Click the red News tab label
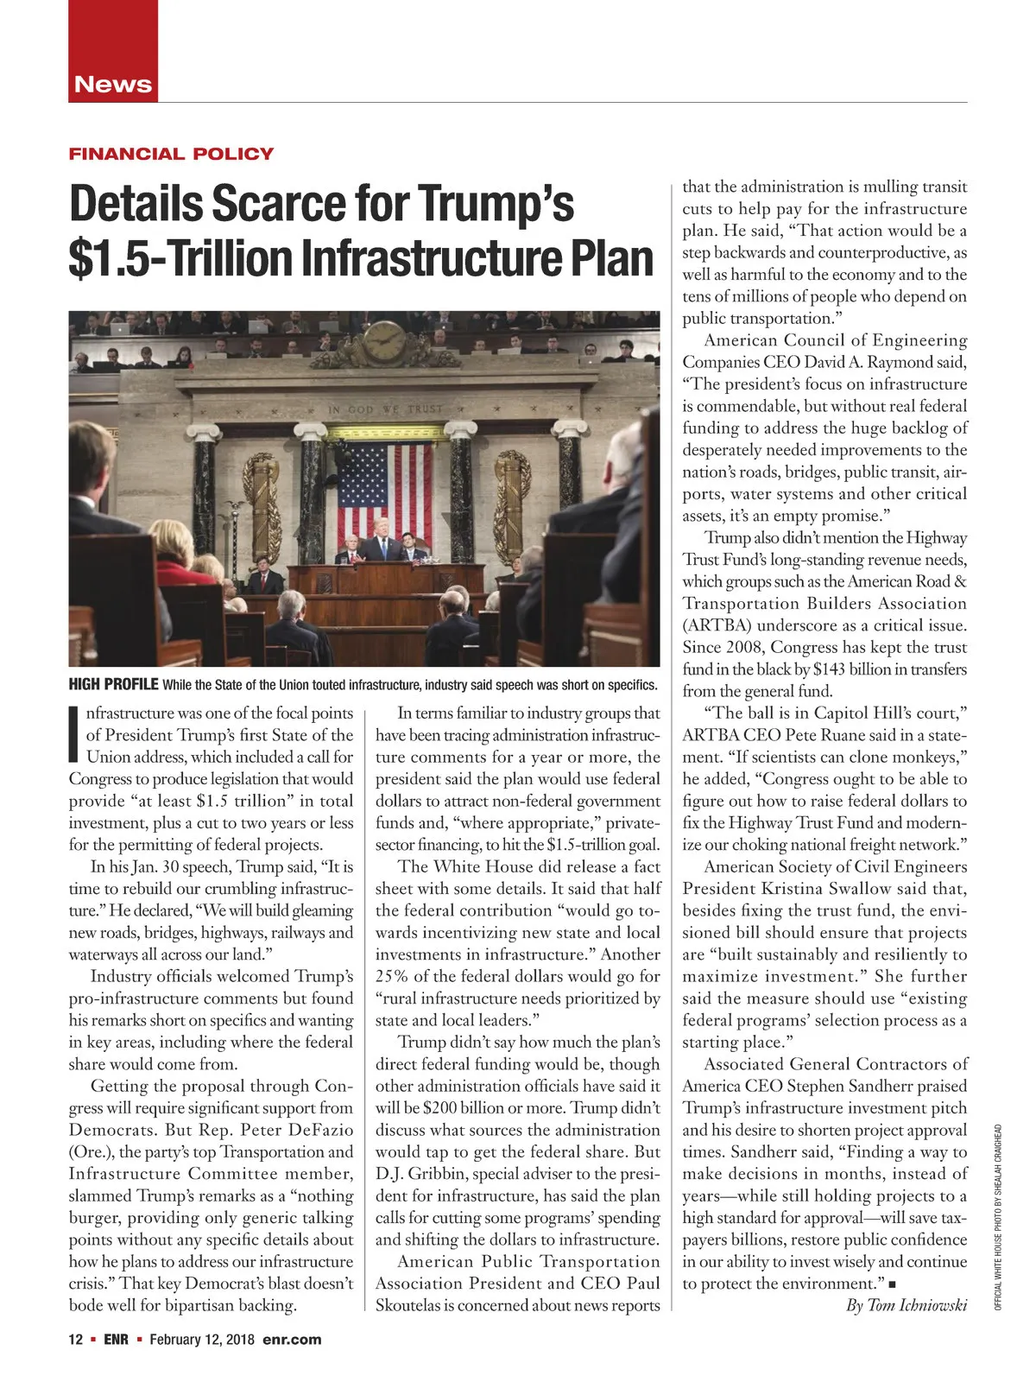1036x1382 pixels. [113, 85]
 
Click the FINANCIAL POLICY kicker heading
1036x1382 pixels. [171, 155]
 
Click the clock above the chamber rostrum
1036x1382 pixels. [382, 343]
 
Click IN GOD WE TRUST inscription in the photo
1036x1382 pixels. [384, 409]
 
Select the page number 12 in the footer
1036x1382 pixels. [75, 1340]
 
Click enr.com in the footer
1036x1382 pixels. [292, 1340]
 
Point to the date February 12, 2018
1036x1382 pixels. [202, 1340]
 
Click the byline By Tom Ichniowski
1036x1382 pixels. [906, 1305]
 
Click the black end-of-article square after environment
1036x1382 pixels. [903, 1284]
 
